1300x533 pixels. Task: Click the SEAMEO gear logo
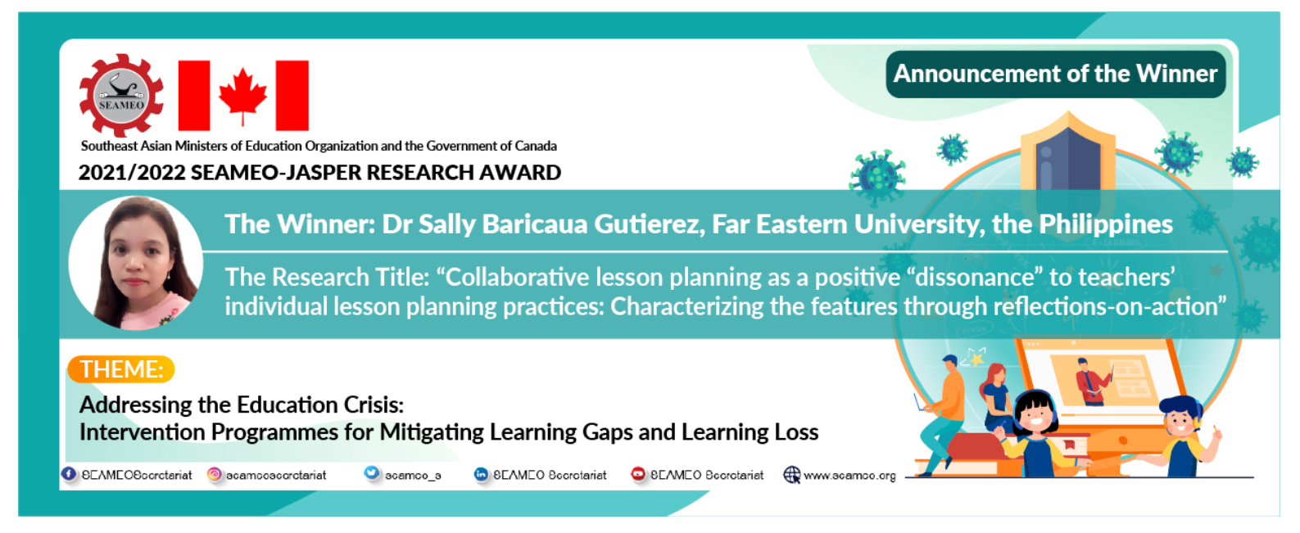tap(120, 96)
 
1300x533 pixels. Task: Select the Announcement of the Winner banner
tap(1055, 75)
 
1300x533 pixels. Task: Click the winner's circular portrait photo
tap(136, 263)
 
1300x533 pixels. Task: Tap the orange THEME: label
tap(121, 369)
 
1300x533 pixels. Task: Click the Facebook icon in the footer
tap(69, 474)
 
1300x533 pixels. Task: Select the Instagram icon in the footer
tap(214, 474)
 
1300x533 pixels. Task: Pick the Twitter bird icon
tap(372, 473)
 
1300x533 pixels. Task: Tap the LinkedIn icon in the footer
tap(481, 474)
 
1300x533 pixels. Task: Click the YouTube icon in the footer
tap(638, 474)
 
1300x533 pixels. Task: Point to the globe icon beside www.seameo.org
tap(791, 474)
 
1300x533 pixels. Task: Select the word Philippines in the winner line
tap(1106, 224)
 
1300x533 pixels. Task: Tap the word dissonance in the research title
tap(975, 278)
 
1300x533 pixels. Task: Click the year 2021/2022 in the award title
tap(132, 173)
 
